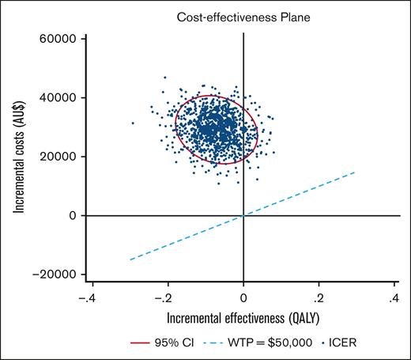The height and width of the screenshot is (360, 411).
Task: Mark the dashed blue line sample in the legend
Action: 220,344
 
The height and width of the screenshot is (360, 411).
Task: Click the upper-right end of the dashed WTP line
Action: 356,172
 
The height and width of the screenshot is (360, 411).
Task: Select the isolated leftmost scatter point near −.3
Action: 133,123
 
